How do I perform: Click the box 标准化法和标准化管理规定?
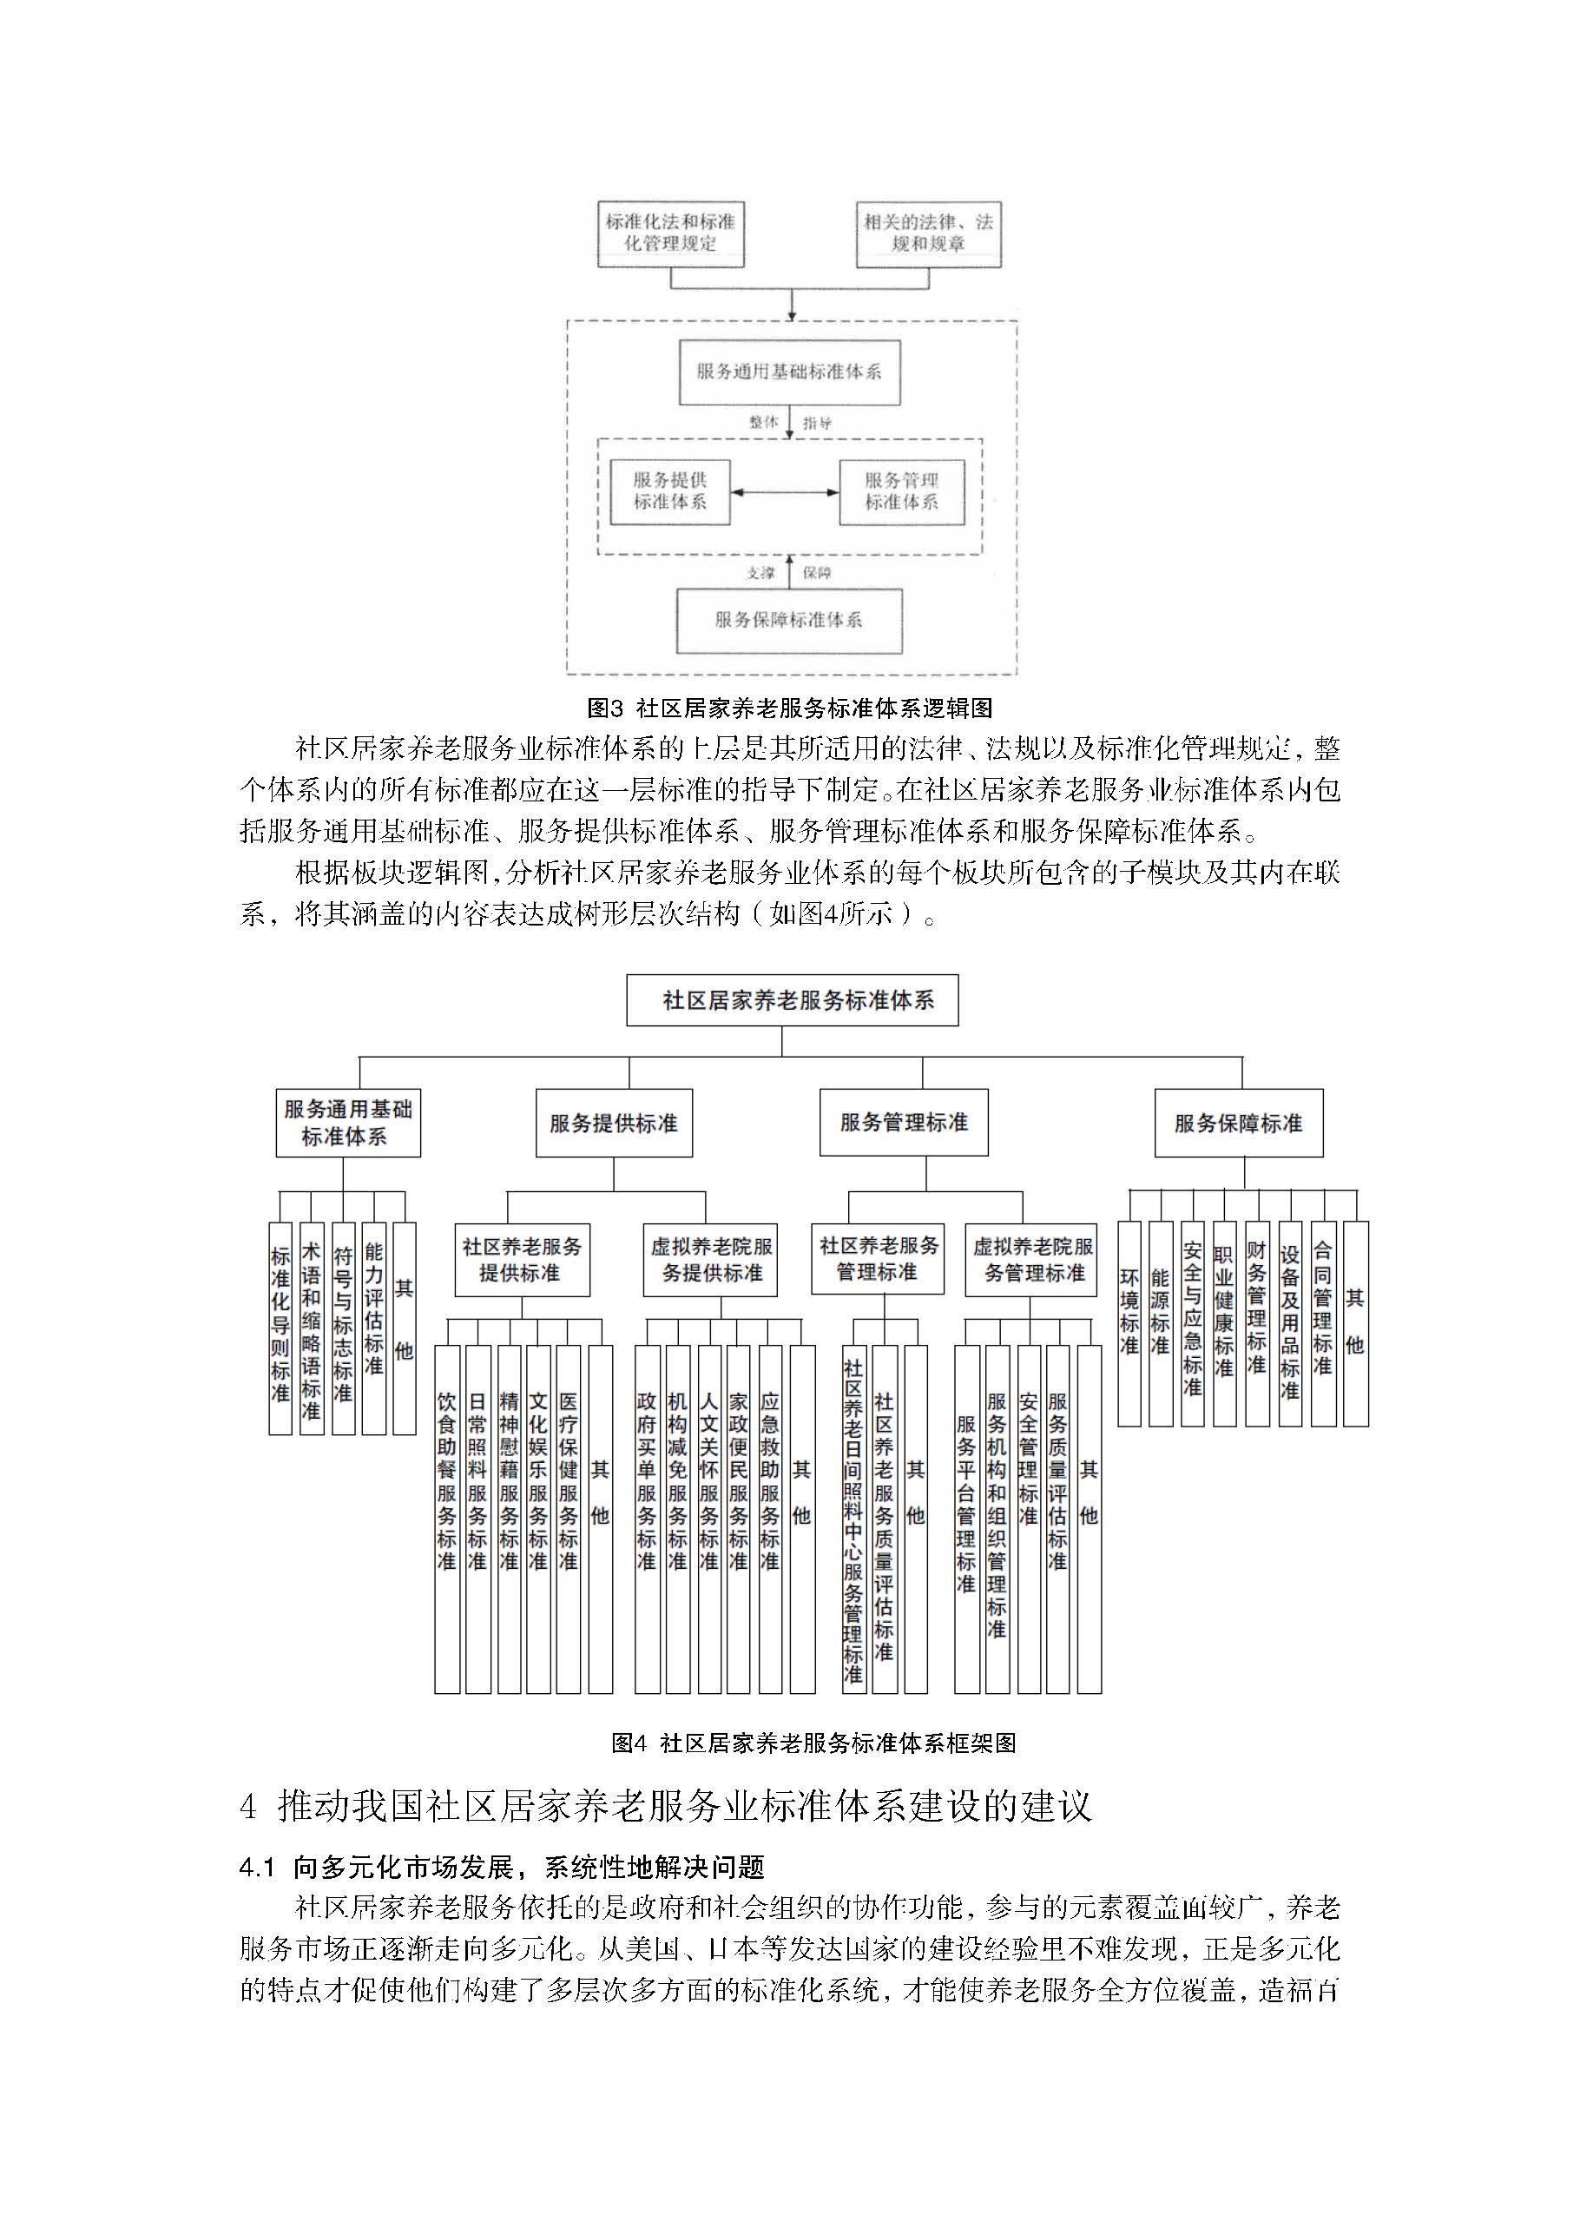coord(670,233)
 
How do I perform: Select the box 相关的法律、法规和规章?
coord(928,233)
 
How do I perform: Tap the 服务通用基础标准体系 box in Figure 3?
coord(789,372)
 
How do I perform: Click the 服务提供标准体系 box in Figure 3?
coord(669,491)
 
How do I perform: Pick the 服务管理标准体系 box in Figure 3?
coord(902,491)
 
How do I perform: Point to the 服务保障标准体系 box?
coord(789,620)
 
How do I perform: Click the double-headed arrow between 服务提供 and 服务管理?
coord(785,492)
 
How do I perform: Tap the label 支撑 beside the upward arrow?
coord(760,573)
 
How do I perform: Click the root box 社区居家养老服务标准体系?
coord(792,1000)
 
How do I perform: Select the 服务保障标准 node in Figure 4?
coord(1238,1123)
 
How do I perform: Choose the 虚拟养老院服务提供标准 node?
coord(710,1259)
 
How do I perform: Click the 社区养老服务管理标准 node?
coord(878,1258)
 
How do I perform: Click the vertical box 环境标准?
coord(1129,1323)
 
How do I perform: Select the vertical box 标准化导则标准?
coord(280,1328)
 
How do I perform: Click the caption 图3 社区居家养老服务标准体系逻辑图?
coord(789,708)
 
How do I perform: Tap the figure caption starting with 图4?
coord(813,1743)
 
